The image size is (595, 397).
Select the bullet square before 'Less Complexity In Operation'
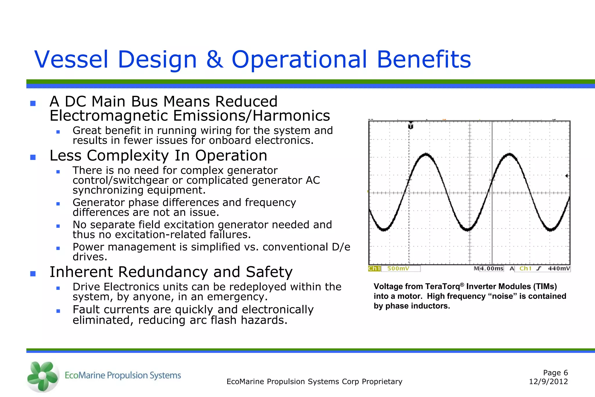point(33,157)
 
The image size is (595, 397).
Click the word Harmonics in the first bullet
point(291,116)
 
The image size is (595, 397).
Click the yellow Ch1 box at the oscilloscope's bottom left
point(374,269)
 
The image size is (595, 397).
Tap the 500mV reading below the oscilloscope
point(398,269)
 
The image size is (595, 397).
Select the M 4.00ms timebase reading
point(489,269)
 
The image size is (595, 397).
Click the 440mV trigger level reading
point(559,269)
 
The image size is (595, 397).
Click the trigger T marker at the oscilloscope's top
point(411,126)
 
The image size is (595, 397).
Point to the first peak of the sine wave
point(426,154)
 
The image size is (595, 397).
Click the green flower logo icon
point(43,376)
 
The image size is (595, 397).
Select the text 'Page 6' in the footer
point(555,373)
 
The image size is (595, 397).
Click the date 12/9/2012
point(548,382)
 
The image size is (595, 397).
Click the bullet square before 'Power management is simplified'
point(58,248)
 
